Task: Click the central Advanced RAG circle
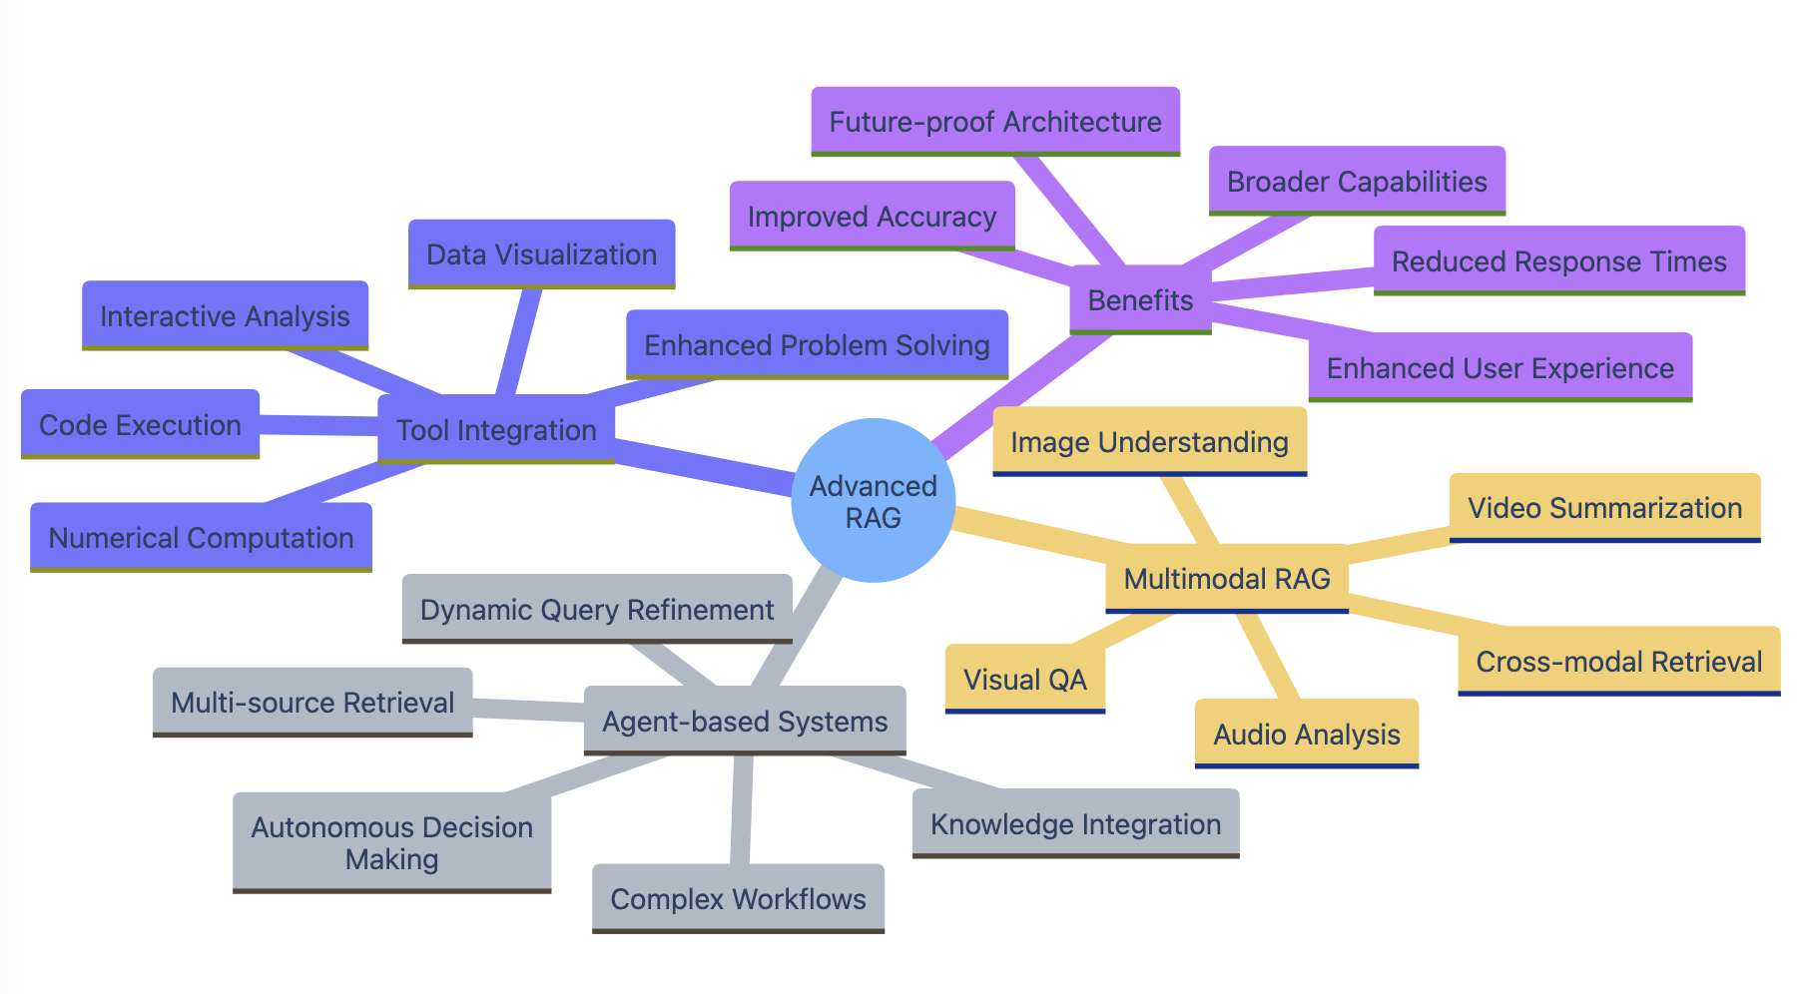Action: click(873, 501)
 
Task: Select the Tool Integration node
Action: click(496, 430)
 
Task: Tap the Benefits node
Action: click(1140, 300)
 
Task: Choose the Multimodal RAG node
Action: click(1227, 579)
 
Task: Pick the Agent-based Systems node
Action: click(745, 722)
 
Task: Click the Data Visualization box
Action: click(541, 254)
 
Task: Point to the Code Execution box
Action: click(140, 425)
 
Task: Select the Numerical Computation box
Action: click(201, 538)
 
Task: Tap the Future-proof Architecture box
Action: click(995, 122)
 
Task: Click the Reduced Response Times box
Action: click(1558, 261)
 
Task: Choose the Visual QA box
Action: click(1024, 680)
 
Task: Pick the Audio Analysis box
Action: click(1306, 735)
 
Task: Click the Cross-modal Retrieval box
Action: click(1618, 662)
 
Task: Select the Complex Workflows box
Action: click(738, 899)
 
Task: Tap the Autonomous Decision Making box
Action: click(391, 843)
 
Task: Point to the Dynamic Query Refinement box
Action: click(597, 610)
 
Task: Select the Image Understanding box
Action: click(1149, 442)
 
